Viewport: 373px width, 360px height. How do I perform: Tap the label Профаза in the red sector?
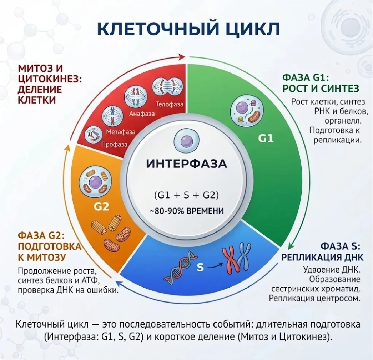(114, 144)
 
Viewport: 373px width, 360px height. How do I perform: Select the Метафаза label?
(121, 132)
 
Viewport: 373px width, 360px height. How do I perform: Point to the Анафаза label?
(142, 114)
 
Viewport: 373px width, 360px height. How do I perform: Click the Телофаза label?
(170, 104)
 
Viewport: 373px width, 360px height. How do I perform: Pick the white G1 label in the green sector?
(266, 138)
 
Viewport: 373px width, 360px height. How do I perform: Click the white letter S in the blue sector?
(200, 267)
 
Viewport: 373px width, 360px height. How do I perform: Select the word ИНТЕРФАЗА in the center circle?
(186, 164)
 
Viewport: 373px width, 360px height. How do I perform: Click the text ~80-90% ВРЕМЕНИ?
(187, 211)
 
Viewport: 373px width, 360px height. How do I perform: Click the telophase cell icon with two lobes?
(167, 86)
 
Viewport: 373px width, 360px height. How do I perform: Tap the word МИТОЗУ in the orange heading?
(46, 257)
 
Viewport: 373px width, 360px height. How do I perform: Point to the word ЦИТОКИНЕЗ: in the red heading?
(50, 79)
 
